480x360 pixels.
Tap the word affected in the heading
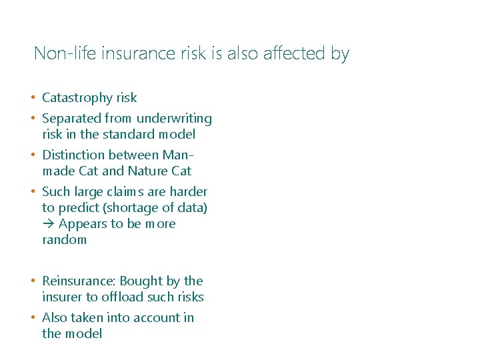[x=297, y=53]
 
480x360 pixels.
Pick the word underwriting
[x=174, y=119]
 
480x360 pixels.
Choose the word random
[x=64, y=239]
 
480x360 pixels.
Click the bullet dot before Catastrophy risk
[x=33, y=98]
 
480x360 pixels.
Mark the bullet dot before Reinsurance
[x=33, y=281]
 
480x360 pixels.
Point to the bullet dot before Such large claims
[x=33, y=192]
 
